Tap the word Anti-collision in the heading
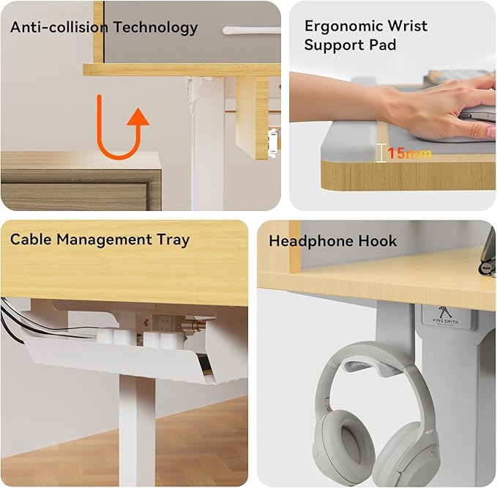point(59,26)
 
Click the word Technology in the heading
point(156,28)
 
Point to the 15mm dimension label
point(409,153)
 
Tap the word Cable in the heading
point(31,239)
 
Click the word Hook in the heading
point(378,241)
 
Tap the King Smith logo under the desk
point(445,316)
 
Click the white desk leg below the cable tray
point(138,432)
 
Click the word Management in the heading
point(104,240)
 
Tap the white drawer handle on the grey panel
point(251,31)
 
